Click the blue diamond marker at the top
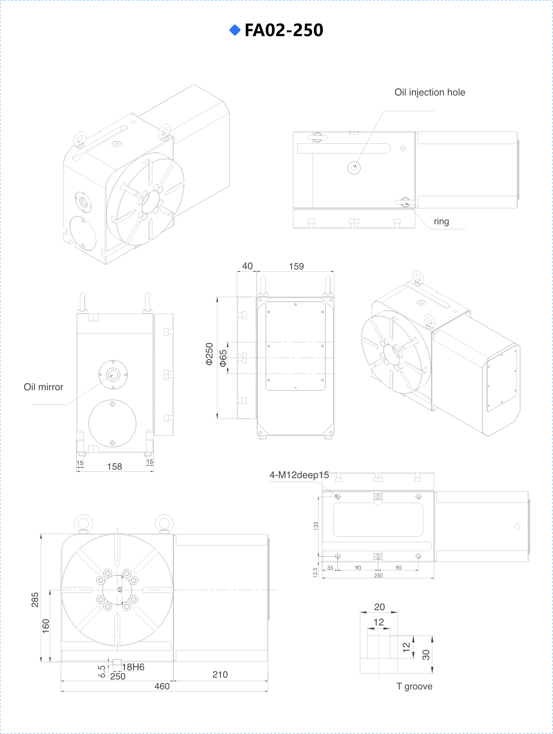point(235,30)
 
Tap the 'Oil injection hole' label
point(430,92)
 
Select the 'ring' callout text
point(441,221)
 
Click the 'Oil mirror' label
point(44,387)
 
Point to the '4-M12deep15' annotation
point(299,475)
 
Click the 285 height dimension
point(35,600)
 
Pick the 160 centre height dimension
point(46,626)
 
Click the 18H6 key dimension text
point(133,667)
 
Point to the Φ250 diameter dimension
point(209,354)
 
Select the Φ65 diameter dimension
point(223,358)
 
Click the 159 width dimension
point(296,266)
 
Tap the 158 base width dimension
point(114,467)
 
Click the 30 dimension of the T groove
point(425,655)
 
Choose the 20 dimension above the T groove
point(379,607)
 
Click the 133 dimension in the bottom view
point(316,526)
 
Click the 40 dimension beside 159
point(247,266)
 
